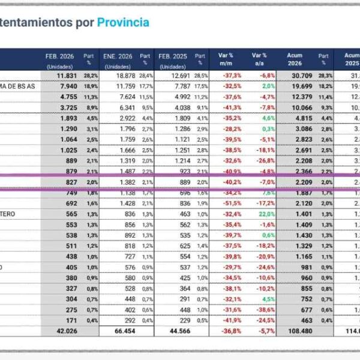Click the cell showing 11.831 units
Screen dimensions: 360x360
point(68,76)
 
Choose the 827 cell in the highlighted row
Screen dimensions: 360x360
point(71,181)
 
